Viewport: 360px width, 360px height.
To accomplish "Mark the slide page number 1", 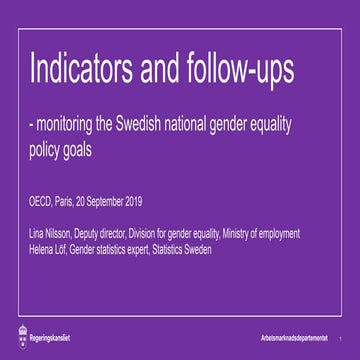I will [341, 335].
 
